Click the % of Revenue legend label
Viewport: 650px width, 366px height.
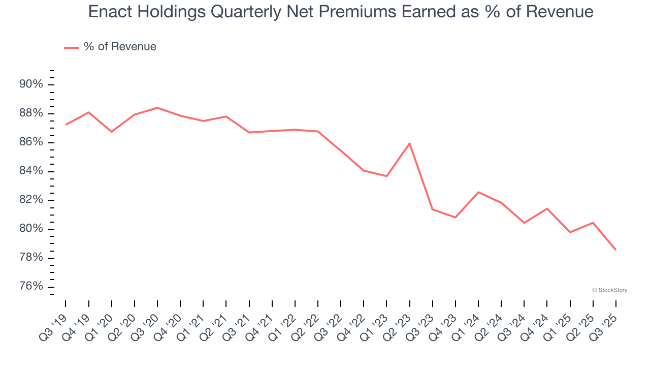coord(120,47)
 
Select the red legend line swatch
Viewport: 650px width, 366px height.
coord(72,47)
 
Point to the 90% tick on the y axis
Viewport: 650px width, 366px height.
coord(31,84)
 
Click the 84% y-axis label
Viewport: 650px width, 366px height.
coord(31,171)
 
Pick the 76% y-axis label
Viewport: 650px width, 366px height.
coord(31,286)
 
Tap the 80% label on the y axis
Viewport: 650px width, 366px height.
coord(31,229)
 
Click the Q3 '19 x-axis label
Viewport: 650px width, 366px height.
coord(53,320)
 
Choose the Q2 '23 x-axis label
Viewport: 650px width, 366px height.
coord(398,320)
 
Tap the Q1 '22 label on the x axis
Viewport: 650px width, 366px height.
coord(283,320)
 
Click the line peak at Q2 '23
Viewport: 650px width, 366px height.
coord(409,143)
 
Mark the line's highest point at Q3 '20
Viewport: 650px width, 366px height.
coord(157,108)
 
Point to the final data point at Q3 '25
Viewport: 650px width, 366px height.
coord(615,250)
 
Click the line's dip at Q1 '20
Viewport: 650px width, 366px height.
coord(112,132)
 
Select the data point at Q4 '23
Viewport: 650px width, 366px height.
coord(455,217)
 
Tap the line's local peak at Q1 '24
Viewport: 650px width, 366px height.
coord(478,192)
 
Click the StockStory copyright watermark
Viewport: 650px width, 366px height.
coord(609,290)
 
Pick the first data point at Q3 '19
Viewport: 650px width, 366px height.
coord(66,125)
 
